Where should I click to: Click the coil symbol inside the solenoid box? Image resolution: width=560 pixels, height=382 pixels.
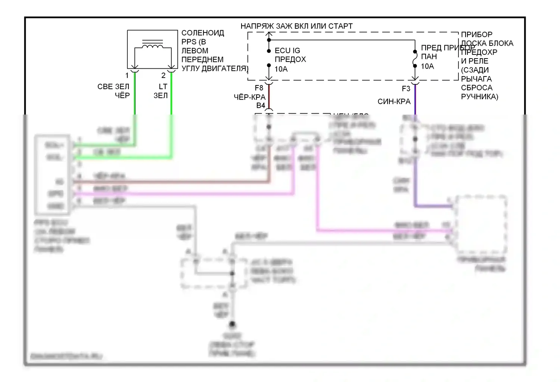pyautogui.click(x=152, y=46)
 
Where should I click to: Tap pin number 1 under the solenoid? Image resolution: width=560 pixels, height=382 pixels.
pyautogui.click(x=127, y=76)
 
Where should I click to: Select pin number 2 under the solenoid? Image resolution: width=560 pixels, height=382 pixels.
pyautogui.click(x=163, y=76)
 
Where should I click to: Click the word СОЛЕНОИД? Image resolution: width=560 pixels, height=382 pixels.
pyautogui.click(x=203, y=33)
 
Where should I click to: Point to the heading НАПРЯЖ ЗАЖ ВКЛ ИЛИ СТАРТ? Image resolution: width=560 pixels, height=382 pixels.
pyautogui.click(x=296, y=26)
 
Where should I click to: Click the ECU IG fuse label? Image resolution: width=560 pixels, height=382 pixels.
pyautogui.click(x=287, y=50)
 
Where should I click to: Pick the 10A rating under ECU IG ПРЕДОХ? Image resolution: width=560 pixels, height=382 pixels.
pyautogui.click(x=281, y=69)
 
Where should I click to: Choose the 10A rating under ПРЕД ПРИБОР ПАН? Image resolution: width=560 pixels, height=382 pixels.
pyautogui.click(x=427, y=66)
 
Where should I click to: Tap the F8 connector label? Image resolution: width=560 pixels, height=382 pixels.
pyautogui.click(x=259, y=88)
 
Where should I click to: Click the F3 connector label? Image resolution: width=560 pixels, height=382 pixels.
pyautogui.click(x=406, y=89)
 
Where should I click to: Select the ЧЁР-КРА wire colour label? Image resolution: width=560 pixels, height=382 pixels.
pyautogui.click(x=249, y=97)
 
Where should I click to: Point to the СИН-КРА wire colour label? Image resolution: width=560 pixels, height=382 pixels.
pyautogui.click(x=394, y=101)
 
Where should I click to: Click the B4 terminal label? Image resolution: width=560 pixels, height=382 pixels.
pyautogui.click(x=261, y=106)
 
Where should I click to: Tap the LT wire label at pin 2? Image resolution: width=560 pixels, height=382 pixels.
pyautogui.click(x=163, y=87)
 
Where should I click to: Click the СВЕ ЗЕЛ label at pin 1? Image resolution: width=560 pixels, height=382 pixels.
pyautogui.click(x=113, y=87)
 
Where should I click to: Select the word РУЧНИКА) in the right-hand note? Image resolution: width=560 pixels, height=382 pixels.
pyautogui.click(x=479, y=97)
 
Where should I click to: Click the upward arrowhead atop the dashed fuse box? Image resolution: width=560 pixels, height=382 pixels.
pyautogui.click(x=269, y=35)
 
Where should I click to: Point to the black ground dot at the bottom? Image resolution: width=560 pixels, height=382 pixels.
pyautogui.click(x=232, y=324)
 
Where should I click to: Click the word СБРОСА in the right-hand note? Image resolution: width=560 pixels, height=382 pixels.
pyautogui.click(x=476, y=88)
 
